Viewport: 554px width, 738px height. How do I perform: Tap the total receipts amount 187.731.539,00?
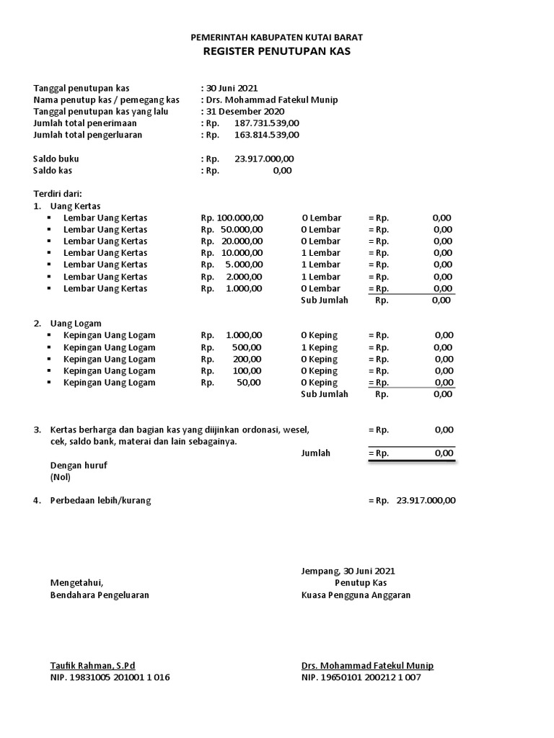(267, 123)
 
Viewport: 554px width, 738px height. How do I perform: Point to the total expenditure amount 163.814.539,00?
(267, 135)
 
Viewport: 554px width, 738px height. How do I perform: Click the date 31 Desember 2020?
(245, 112)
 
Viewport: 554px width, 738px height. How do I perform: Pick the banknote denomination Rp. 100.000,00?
(232, 218)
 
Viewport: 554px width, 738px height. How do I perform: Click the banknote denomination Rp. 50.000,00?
(232, 229)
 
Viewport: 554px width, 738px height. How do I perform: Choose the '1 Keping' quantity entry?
(319, 347)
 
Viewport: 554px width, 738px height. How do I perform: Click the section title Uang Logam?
(76, 324)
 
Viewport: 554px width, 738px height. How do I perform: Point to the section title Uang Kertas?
(76, 206)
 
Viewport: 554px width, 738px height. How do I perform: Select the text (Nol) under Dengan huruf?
(61, 477)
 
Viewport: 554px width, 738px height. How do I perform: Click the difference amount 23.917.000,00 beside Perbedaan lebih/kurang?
(426, 501)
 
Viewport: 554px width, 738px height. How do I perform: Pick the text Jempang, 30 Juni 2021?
(348, 571)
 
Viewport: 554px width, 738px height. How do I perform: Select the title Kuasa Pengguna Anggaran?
(356, 595)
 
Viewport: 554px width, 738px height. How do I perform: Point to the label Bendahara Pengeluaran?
(100, 595)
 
